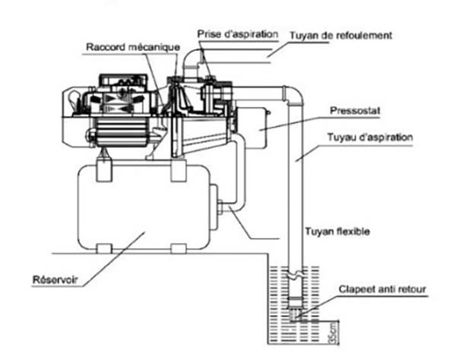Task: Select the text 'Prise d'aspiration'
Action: [231, 34]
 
